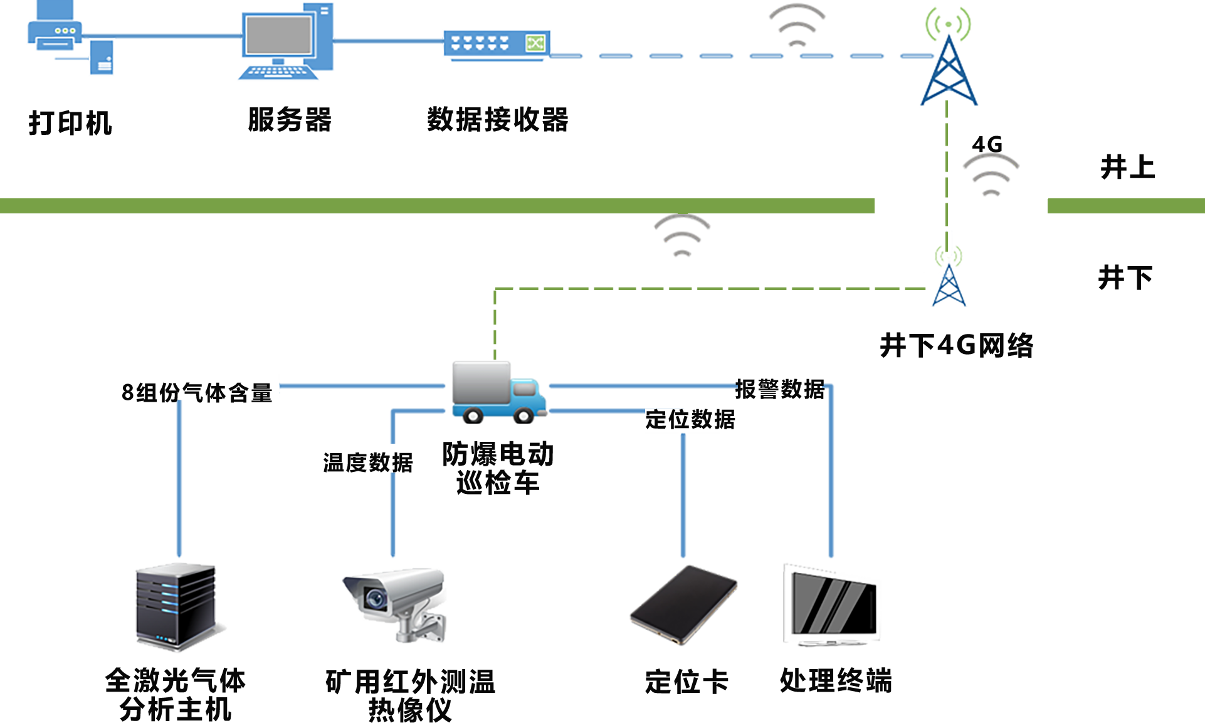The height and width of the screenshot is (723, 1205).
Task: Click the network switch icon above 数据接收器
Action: coord(497,44)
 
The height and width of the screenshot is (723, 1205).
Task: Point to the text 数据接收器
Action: coord(498,119)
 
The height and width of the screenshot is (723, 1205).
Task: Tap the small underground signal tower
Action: coord(948,282)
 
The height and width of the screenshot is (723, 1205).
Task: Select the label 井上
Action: coord(1127,167)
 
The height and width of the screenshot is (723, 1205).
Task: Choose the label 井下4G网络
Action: coord(956,345)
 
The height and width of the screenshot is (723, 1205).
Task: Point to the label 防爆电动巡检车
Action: coord(498,468)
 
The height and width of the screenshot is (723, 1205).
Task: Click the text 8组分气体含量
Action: coord(197,392)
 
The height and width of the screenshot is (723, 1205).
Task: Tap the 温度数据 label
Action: coord(368,462)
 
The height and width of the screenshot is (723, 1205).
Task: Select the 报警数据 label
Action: coord(780,388)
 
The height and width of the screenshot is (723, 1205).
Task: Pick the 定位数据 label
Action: coord(690,419)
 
